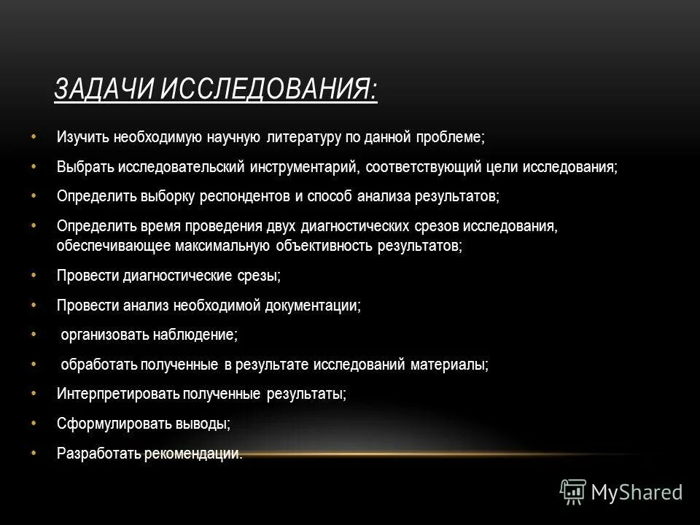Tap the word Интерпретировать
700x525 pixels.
point(116,394)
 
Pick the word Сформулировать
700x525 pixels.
point(109,424)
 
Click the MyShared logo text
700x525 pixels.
point(637,491)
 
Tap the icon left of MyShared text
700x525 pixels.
point(573,492)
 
